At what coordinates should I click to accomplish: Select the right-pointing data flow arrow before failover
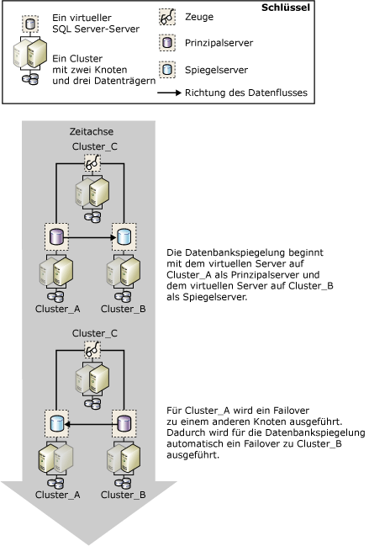pos(91,239)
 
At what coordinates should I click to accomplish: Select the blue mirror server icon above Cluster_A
pos(55,422)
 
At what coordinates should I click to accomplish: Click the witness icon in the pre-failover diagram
pos(90,165)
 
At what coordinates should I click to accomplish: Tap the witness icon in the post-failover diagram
pos(90,347)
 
